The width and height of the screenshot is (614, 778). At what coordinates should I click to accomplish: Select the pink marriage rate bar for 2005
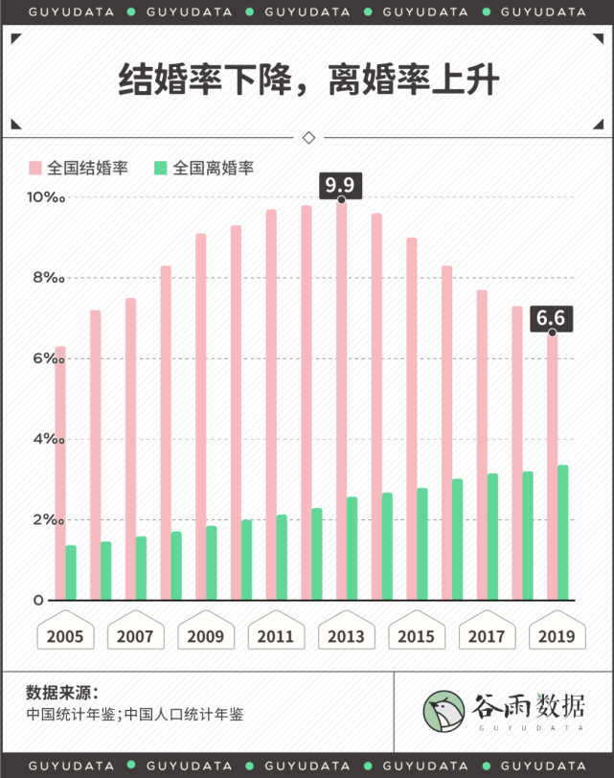pos(60,473)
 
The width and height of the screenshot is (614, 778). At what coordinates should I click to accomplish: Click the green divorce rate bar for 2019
pos(563,533)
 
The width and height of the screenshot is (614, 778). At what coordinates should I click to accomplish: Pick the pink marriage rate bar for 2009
pos(201,417)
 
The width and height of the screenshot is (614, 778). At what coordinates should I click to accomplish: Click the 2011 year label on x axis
pos(276,636)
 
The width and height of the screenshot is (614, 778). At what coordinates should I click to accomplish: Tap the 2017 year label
pos(487,636)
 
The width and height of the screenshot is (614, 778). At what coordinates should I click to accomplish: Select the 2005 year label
pos(65,636)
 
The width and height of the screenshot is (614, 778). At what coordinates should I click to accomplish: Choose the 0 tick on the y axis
pos(39,601)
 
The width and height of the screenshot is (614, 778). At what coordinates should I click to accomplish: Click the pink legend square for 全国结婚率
pos(36,168)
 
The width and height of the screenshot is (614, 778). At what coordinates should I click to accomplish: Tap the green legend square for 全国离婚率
pos(161,168)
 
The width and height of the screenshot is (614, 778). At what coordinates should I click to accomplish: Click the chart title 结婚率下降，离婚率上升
pos(307,81)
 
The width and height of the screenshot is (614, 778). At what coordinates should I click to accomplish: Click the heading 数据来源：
pos(62,692)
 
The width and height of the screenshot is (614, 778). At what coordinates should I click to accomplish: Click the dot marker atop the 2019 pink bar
pos(552,332)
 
